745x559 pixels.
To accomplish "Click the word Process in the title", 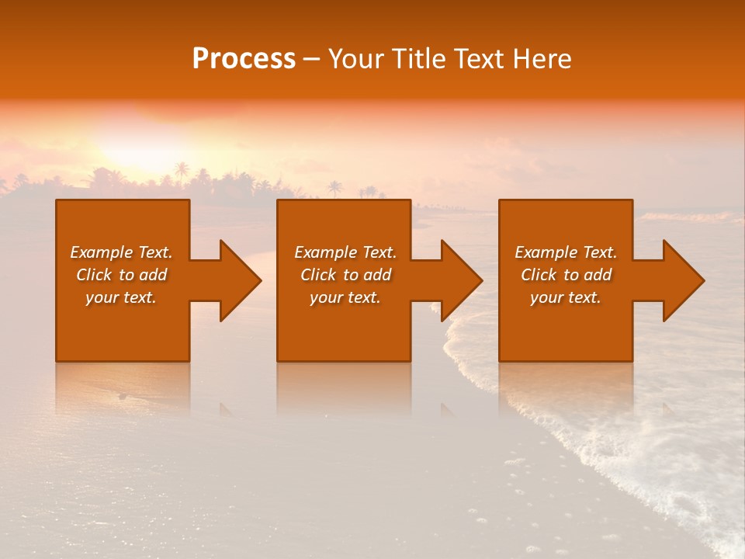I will tap(244, 59).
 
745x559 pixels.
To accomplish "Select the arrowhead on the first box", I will tap(237, 280).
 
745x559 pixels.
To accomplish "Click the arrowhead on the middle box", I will tap(459, 280).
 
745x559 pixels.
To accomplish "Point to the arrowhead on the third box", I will tap(681, 280).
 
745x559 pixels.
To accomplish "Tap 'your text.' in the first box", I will tap(121, 297).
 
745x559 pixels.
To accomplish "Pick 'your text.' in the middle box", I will tap(345, 297).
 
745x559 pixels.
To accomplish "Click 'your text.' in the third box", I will tap(566, 297).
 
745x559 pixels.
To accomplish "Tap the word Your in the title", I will tap(355, 59).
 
